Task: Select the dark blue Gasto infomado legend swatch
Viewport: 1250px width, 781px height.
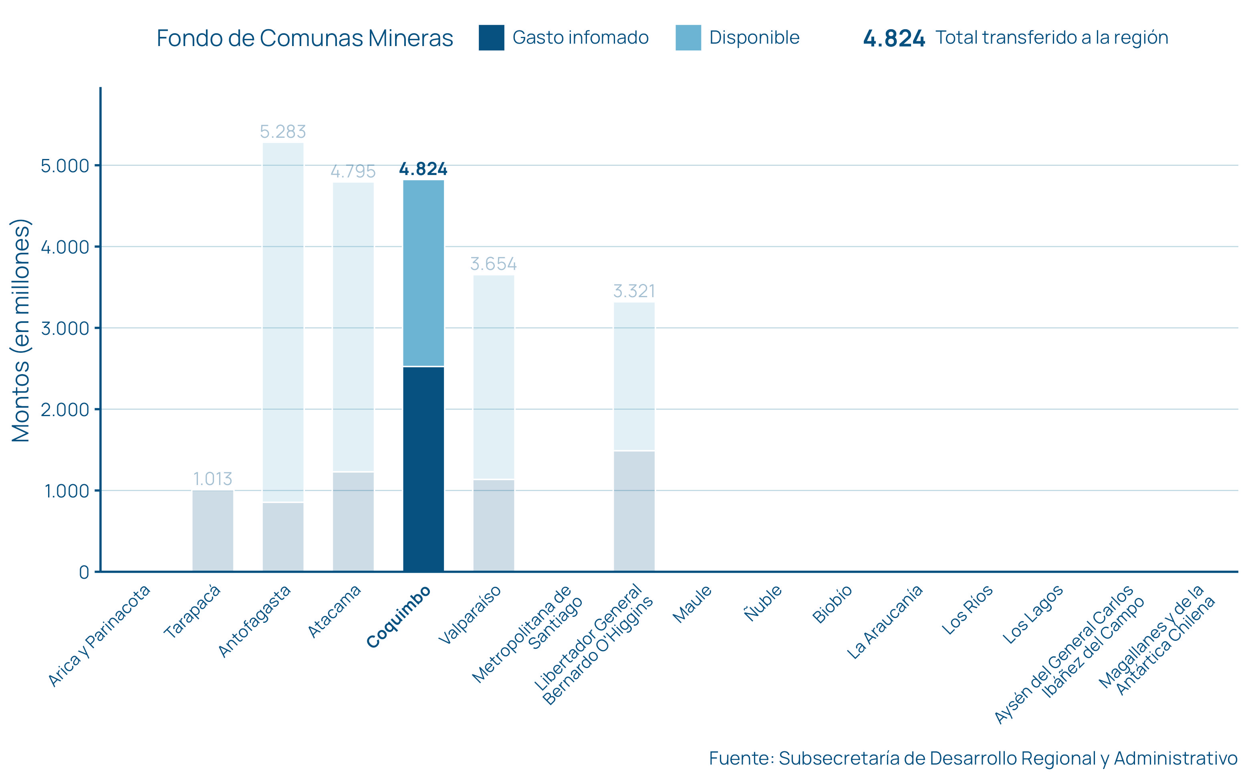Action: (491, 38)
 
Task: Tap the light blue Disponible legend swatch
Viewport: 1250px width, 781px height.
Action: (688, 38)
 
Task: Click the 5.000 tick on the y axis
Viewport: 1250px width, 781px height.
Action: (65, 166)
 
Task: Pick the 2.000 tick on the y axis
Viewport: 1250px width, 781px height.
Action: (65, 410)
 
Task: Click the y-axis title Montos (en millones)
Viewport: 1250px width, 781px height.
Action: (21, 330)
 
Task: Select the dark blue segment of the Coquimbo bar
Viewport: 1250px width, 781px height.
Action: (423, 469)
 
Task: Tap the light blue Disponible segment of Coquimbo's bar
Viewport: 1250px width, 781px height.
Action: (423, 273)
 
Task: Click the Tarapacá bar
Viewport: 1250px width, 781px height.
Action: (212, 531)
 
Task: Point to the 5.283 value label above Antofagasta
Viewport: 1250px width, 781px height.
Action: (282, 132)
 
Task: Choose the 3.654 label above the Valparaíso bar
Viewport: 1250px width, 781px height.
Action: (493, 264)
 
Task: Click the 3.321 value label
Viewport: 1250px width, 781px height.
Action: (634, 291)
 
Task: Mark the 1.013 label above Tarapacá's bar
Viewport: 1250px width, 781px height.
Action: (212, 479)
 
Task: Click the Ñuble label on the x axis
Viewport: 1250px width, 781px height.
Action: (763, 603)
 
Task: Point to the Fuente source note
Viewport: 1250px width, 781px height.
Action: (973, 758)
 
